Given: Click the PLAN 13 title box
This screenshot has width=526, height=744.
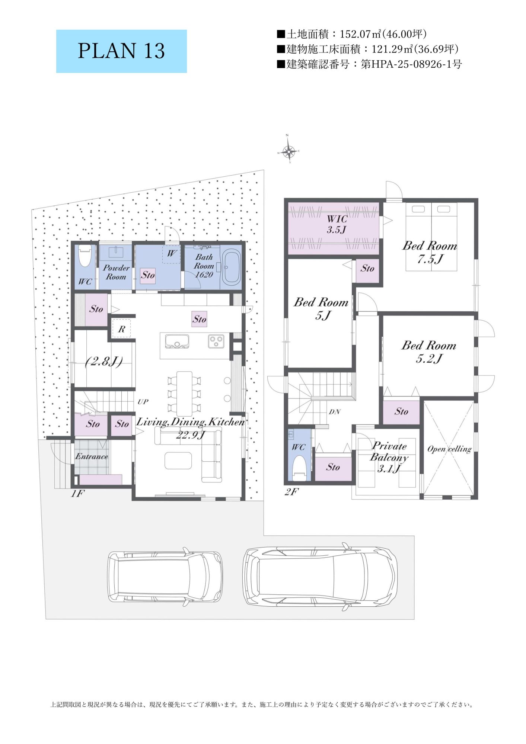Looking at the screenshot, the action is [x=121, y=51].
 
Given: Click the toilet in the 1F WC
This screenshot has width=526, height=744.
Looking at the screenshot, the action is [x=85, y=256].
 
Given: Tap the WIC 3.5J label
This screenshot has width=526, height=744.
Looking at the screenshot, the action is [x=337, y=224].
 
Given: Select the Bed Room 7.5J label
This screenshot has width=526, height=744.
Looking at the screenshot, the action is [x=430, y=252].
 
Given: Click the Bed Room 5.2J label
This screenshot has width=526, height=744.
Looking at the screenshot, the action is [x=429, y=352].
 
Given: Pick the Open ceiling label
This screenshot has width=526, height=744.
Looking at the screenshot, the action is [x=449, y=449].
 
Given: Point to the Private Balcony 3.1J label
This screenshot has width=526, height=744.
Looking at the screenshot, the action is [x=389, y=457].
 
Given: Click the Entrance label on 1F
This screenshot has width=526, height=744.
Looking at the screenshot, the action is [x=92, y=456].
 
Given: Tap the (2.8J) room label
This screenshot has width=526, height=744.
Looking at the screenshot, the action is [x=104, y=361].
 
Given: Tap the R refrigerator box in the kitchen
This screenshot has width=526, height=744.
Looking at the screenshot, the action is [x=121, y=329].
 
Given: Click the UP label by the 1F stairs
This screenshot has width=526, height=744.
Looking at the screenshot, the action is [x=143, y=401].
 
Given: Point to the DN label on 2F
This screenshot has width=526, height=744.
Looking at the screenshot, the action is [x=334, y=412].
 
